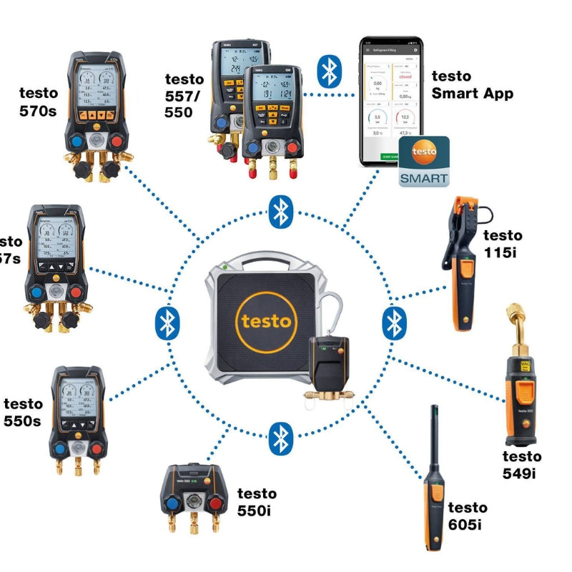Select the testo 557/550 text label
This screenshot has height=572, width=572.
[184, 95]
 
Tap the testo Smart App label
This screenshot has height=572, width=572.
[472, 84]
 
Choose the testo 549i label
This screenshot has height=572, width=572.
[521, 464]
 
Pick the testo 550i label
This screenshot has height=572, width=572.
[257, 501]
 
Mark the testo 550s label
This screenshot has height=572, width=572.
[23, 413]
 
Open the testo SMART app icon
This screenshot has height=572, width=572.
[424, 162]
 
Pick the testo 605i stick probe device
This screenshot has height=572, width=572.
[435, 486]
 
